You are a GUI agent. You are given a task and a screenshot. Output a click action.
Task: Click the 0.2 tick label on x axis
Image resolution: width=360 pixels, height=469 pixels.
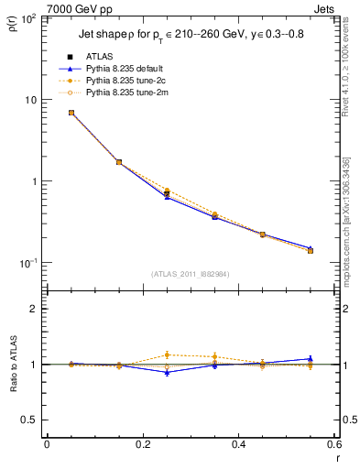(142, 445)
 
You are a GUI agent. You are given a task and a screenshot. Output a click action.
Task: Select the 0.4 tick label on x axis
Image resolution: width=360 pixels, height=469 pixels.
(238, 445)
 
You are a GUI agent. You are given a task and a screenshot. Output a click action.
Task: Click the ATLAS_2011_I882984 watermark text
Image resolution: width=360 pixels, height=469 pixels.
(191, 273)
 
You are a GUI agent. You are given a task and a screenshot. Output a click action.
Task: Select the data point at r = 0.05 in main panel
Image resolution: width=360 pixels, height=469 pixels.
(71, 113)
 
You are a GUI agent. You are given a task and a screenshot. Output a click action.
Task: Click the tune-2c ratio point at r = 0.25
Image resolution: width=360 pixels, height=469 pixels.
(167, 354)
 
